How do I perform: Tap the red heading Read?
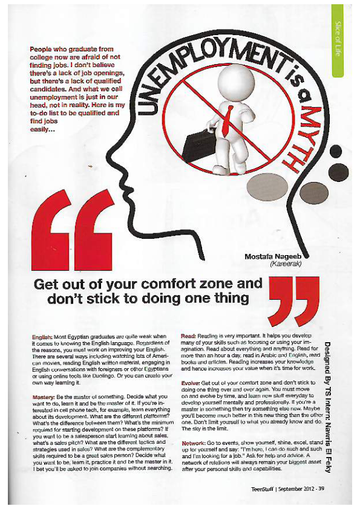(x=189, y=336)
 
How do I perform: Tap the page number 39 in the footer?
(x=321, y=482)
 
